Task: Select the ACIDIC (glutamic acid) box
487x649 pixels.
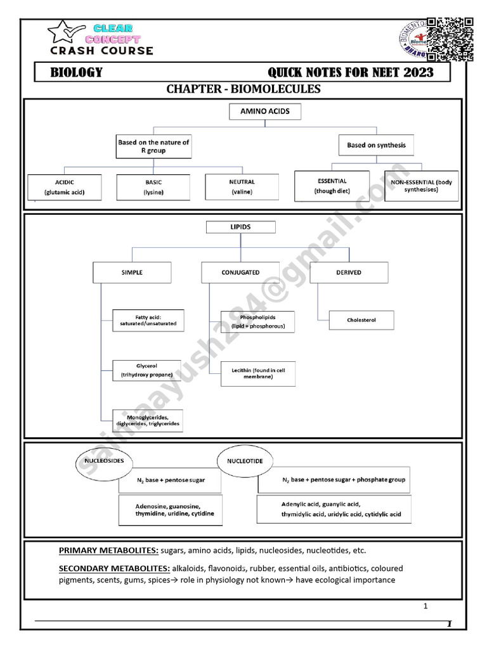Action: coord(64,187)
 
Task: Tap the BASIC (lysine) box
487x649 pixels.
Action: coord(153,187)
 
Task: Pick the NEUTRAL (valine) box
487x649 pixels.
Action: coord(242,187)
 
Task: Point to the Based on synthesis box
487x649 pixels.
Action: coord(376,145)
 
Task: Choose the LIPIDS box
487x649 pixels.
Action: coord(231,227)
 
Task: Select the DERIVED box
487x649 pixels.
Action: coord(349,273)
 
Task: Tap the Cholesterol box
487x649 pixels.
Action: coord(361,320)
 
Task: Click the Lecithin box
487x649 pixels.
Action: coord(257,374)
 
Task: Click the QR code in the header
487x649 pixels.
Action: coord(450,39)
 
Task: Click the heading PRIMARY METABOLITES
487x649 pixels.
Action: coord(108,550)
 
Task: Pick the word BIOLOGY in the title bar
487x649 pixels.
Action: coord(77,72)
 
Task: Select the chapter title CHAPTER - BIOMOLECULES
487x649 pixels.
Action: coord(243,89)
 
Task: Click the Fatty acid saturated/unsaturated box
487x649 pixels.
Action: coord(148,320)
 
